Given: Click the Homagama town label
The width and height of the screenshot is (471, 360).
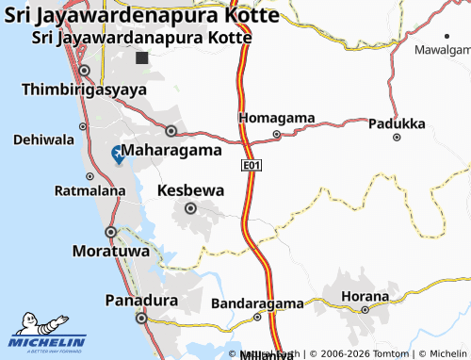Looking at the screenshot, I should pyautogui.click(x=276, y=118).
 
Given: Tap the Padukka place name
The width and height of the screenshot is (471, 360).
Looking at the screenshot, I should pyautogui.click(x=397, y=123).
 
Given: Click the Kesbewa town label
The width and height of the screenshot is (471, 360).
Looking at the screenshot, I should pyautogui.click(x=190, y=190).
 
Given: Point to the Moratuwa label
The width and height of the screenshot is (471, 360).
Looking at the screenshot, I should pyautogui.click(x=110, y=252).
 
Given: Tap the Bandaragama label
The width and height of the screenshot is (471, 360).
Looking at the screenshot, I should pyautogui.click(x=257, y=303).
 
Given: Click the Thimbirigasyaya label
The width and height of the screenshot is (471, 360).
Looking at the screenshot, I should pyautogui.click(x=84, y=90).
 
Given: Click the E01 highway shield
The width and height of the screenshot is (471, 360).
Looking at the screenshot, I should pyautogui.click(x=251, y=166).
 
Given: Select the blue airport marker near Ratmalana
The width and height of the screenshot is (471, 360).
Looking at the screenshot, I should pyautogui.click(x=118, y=155).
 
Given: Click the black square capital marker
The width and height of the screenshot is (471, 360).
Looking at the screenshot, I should pyautogui.click(x=141, y=58).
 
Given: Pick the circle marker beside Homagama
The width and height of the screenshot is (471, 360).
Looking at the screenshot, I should pyautogui.click(x=276, y=134).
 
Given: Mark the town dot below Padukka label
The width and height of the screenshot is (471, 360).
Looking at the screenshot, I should pyautogui.click(x=397, y=138).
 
